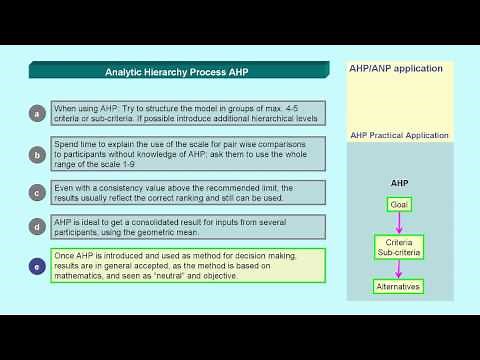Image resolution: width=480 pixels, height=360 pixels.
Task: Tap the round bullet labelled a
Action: tap(37, 113)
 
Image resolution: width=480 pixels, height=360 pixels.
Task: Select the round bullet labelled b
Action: tap(37, 155)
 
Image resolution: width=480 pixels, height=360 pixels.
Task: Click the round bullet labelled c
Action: tap(37, 193)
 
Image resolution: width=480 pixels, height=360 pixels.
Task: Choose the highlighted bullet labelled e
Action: tap(37, 266)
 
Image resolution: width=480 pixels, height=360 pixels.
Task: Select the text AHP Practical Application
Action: tap(399, 135)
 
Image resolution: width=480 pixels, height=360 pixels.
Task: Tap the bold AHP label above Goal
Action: tap(399, 184)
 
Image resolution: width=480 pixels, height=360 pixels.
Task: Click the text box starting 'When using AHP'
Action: tap(189, 113)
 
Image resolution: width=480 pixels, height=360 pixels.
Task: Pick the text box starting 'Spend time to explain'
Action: tap(189, 155)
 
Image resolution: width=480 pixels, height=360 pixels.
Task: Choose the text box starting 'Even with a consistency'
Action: tap(189, 193)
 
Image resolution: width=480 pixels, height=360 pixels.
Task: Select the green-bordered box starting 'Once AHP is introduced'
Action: tap(189, 266)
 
